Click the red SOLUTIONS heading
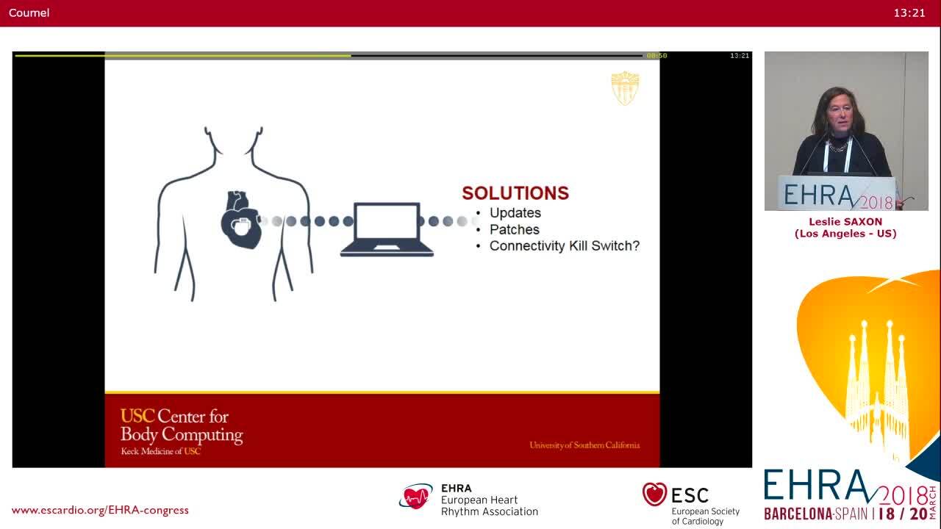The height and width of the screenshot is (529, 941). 515,193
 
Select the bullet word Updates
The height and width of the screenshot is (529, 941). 515,213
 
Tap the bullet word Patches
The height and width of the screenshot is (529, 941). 514,229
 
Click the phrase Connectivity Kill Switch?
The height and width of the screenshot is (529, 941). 564,246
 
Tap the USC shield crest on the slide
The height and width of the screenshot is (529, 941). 625,88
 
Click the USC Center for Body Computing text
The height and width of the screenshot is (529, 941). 181,426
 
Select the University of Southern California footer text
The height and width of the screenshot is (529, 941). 584,445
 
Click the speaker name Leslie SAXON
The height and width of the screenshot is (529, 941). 845,222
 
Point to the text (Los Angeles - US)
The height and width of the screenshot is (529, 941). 845,234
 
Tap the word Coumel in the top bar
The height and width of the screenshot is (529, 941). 29,12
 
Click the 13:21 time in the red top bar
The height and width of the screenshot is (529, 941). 909,12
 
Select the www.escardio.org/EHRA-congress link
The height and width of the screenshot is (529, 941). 100,510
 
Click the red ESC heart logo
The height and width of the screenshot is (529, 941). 654,494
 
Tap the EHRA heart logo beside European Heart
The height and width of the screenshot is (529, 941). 416,497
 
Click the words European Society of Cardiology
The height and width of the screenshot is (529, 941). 705,516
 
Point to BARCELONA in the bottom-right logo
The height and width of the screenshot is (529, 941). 798,514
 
